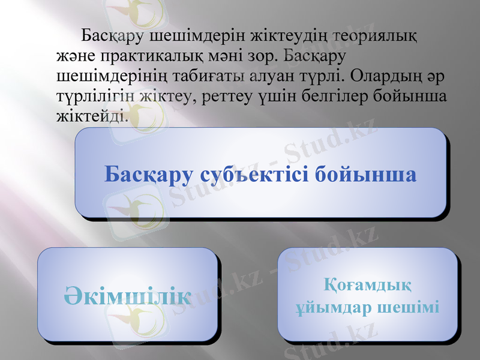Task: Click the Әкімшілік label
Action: (128, 295)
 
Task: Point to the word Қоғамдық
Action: (368, 283)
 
